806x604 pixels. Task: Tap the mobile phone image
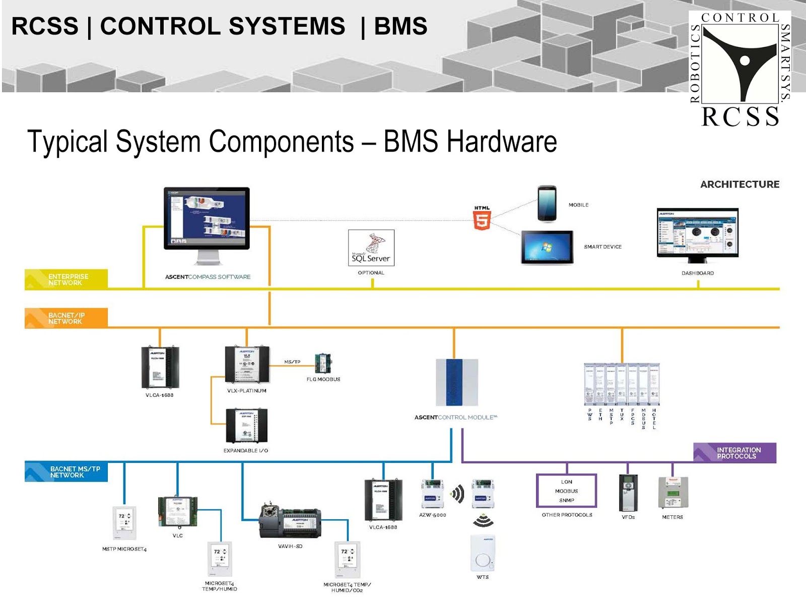click(547, 204)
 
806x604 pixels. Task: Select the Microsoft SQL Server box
click(371, 248)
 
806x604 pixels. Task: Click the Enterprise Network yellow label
click(66, 279)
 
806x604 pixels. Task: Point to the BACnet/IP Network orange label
click(66, 318)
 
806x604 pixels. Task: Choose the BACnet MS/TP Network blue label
click(66, 472)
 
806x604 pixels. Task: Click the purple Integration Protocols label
click(734, 453)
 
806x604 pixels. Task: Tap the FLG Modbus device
click(323, 364)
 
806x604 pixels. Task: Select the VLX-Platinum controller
click(247, 364)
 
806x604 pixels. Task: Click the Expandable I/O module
click(246, 426)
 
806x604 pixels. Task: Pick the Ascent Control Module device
click(456, 382)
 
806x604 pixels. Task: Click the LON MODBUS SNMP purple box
click(566, 491)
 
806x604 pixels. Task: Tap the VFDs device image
click(628, 493)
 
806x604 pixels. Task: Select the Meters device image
click(673, 493)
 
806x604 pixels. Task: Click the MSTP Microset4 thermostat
click(124, 523)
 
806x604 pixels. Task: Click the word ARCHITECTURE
click(740, 185)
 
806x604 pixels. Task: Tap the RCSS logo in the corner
click(740, 68)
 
